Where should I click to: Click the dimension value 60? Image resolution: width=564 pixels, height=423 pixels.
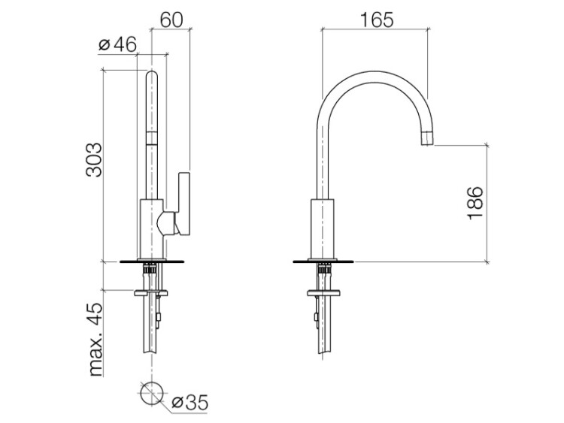(x=171, y=20)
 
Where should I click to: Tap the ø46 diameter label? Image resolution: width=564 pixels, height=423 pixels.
(x=117, y=45)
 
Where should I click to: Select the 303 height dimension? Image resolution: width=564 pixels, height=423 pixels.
(x=94, y=159)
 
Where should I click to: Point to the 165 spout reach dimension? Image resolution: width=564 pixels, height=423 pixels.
(x=377, y=20)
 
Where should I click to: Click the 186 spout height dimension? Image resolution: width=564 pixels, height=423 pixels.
(x=475, y=203)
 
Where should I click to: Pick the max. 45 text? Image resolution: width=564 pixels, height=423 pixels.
(x=95, y=340)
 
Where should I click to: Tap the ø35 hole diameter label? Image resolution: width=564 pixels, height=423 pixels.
(x=190, y=403)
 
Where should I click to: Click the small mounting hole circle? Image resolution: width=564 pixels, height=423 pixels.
(x=152, y=393)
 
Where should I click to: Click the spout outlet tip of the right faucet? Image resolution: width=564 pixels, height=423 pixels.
(x=427, y=139)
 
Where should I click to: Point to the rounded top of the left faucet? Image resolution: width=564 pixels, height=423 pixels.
(x=152, y=75)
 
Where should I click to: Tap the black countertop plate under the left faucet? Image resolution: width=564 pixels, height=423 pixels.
(x=152, y=261)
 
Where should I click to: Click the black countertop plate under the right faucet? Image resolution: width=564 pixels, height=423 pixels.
(x=323, y=261)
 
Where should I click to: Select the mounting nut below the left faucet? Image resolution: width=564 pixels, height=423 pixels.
(x=151, y=293)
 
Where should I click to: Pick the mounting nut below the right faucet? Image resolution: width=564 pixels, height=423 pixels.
(x=324, y=293)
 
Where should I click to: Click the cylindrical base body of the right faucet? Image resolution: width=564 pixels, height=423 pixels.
(x=323, y=228)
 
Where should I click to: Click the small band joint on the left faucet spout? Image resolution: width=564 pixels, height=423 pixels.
(x=152, y=137)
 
